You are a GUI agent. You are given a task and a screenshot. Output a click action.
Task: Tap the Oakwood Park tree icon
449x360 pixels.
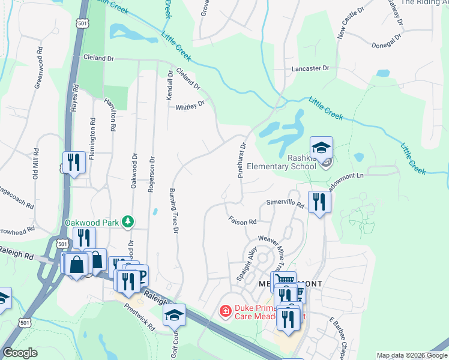(127, 222)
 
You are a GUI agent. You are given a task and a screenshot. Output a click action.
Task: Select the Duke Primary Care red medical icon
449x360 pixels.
(225, 311)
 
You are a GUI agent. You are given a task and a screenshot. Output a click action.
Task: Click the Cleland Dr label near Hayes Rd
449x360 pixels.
(99, 58)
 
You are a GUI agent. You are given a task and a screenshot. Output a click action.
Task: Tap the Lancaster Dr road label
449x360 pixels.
(310, 68)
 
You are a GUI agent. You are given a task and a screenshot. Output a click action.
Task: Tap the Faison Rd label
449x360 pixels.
(243, 221)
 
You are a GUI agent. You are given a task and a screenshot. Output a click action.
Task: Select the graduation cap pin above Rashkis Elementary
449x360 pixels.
(321, 147)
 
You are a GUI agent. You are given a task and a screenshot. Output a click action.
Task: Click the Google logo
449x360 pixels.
(20, 353)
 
